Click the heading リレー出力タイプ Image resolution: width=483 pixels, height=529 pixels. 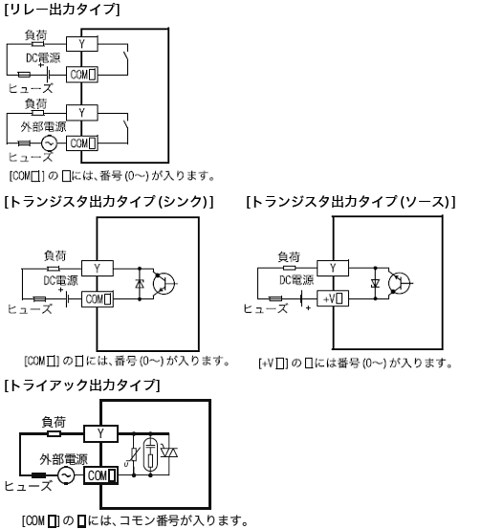(x=62, y=10)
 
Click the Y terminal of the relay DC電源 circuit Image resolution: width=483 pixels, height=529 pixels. (x=82, y=42)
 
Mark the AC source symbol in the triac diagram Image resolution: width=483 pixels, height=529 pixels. (x=66, y=475)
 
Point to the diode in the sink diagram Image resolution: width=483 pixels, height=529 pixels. (x=142, y=284)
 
